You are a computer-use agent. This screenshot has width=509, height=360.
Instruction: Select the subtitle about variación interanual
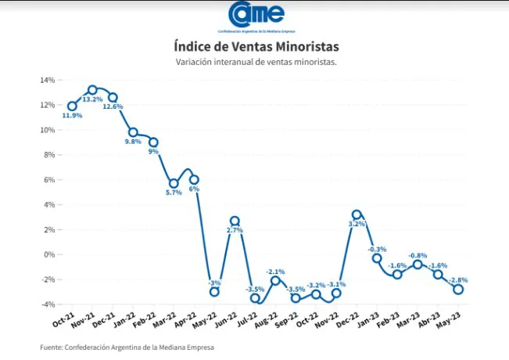point(256,62)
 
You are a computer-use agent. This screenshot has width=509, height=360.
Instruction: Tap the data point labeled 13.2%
point(92,90)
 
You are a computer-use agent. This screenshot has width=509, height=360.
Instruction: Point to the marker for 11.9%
point(72,106)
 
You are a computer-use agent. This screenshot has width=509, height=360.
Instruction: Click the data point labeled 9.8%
point(133,132)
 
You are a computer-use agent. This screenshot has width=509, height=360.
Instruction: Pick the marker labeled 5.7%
point(174,183)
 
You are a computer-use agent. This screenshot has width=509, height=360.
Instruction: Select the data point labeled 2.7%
point(234,221)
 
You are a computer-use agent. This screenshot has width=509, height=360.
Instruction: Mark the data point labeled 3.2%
point(357,214)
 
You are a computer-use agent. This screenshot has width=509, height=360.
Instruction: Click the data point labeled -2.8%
point(458,289)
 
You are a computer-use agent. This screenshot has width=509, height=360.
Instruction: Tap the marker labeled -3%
point(213,292)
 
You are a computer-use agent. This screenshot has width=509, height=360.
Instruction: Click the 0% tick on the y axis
point(48,254)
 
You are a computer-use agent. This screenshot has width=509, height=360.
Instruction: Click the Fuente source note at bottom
point(127,347)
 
